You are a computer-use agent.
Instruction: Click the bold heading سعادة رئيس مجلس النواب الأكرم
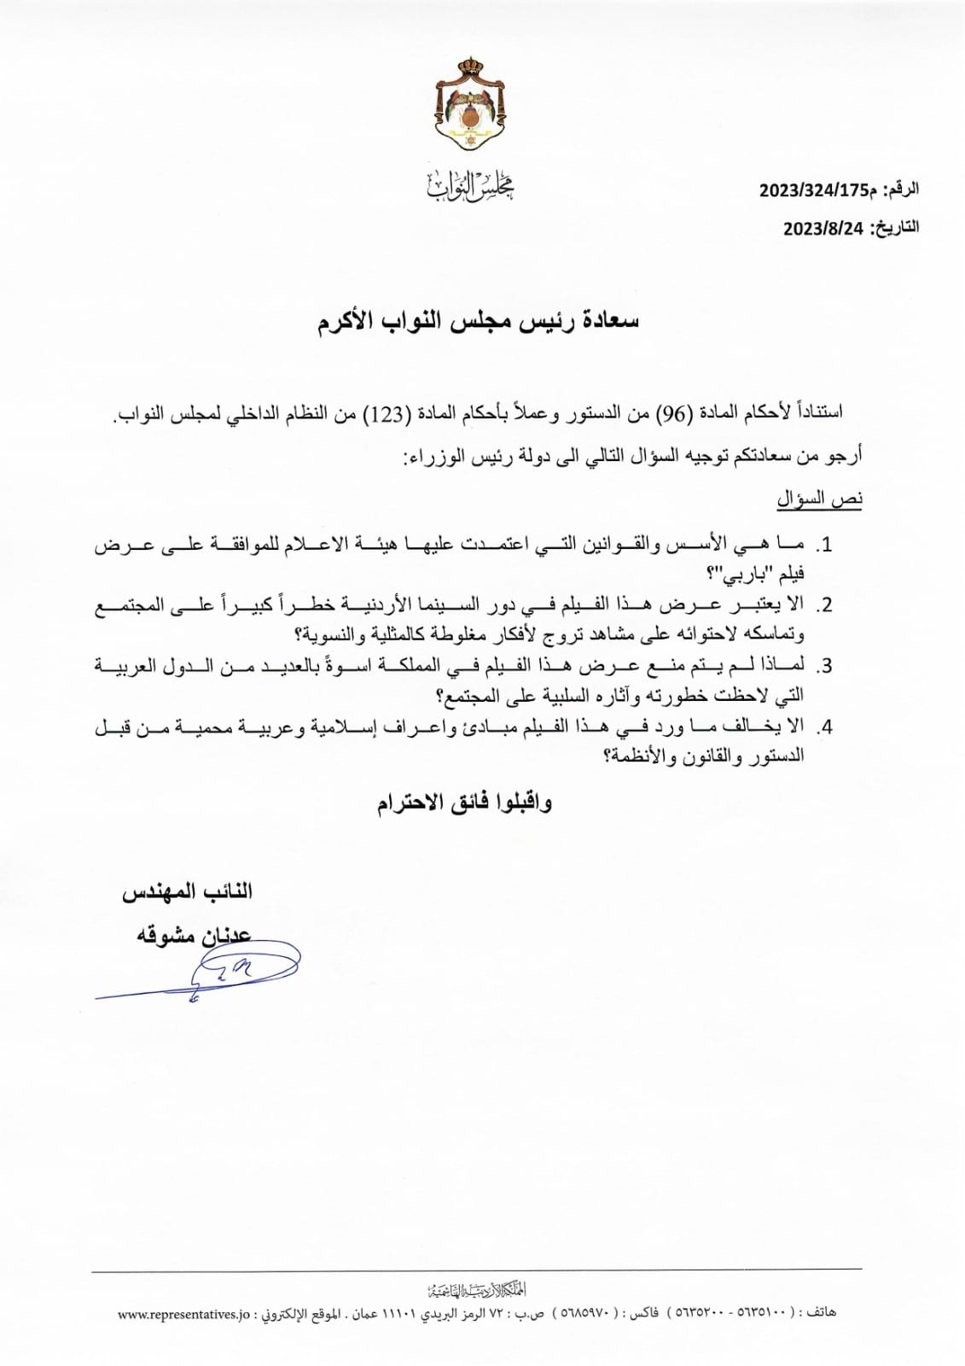[x=479, y=323]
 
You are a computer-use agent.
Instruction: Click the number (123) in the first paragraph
[x=382, y=414]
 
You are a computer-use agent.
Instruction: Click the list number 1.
[x=824, y=544]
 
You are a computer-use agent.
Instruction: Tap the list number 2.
[x=824, y=604]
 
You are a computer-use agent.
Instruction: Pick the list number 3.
[x=824, y=666]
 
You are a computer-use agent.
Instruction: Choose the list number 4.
[x=824, y=727]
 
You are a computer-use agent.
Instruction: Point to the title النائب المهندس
[x=187, y=892]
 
